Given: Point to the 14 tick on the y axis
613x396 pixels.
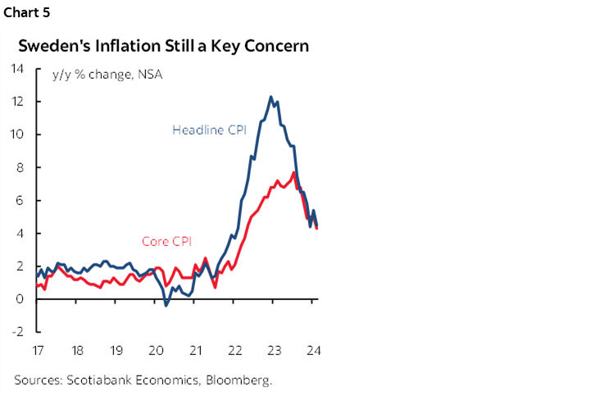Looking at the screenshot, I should coord(17,69).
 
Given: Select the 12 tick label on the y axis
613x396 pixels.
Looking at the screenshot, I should coord(17,102).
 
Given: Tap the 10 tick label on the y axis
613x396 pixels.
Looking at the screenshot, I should coord(17,134).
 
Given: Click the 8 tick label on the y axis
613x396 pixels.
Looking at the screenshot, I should coord(20,167).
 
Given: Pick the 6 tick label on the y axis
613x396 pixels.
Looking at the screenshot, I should coord(20,200).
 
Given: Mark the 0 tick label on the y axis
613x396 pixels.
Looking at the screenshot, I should coord(20,299).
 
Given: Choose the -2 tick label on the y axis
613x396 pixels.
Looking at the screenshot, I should coord(18,332).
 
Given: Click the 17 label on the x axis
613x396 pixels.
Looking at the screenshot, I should coord(37,350).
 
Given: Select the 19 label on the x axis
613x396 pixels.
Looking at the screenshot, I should coord(116,350).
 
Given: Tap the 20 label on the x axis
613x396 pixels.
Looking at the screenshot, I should coord(156,350).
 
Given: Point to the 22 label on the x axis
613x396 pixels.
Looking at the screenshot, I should coord(234,350).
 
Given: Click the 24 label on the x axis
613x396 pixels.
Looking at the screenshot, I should coord(312,350).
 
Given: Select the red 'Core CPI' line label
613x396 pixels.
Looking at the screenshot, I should coord(167,241).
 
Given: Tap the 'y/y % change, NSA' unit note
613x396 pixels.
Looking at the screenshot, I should coord(107,75).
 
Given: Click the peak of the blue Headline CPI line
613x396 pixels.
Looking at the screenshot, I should coord(271,97).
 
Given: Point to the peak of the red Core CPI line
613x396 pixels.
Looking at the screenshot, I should coord(294,172).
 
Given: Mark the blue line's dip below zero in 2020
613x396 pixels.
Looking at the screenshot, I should coord(166,306).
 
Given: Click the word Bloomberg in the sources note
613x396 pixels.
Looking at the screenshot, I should coord(238,380).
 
